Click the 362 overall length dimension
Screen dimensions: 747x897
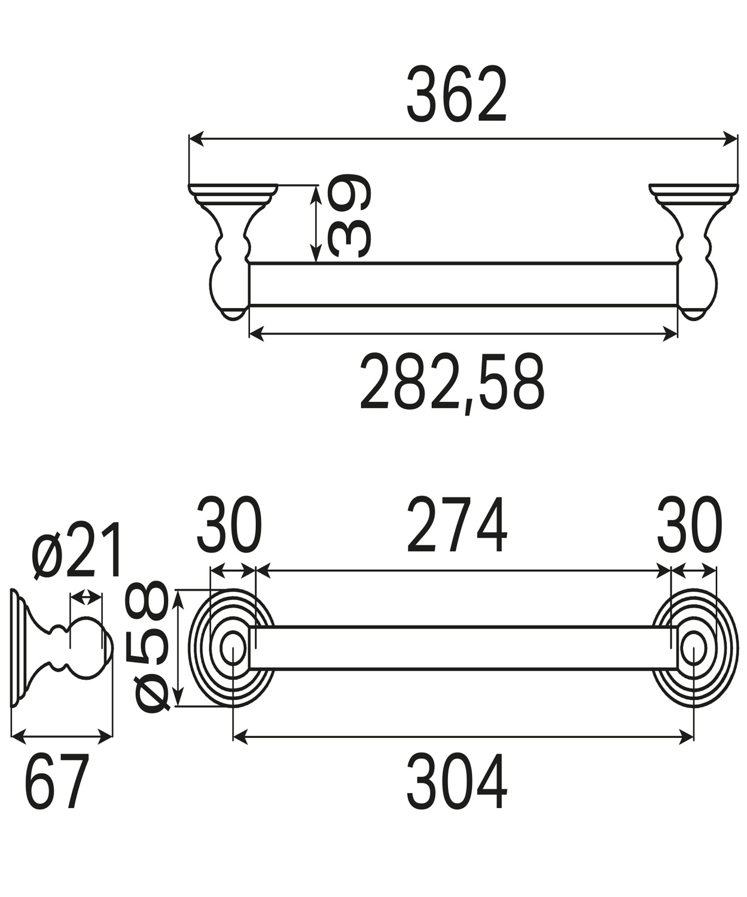(456, 94)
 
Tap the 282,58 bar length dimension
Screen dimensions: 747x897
(452, 382)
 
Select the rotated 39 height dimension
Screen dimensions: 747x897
(349, 216)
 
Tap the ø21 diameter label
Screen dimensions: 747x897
(76, 551)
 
